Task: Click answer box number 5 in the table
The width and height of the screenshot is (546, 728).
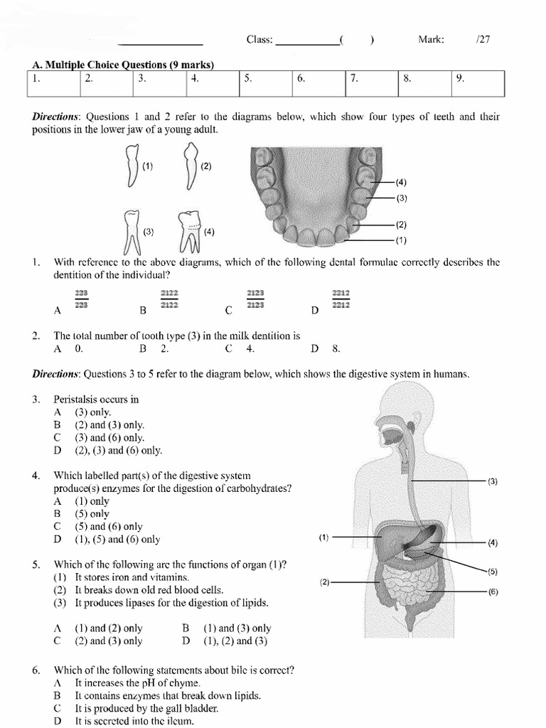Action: click(x=266, y=82)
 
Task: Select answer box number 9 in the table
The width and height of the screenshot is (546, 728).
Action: click(x=478, y=82)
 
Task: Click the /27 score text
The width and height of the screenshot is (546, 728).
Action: click(x=483, y=40)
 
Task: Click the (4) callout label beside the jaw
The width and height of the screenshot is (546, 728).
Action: click(x=402, y=183)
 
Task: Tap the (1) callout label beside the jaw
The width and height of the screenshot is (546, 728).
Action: click(x=402, y=240)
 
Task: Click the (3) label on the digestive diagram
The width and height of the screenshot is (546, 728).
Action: click(x=493, y=481)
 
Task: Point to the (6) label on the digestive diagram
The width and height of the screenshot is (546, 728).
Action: click(x=493, y=591)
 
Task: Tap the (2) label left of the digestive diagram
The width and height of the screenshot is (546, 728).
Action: click(x=325, y=582)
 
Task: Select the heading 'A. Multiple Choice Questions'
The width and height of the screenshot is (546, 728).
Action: click(x=123, y=65)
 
